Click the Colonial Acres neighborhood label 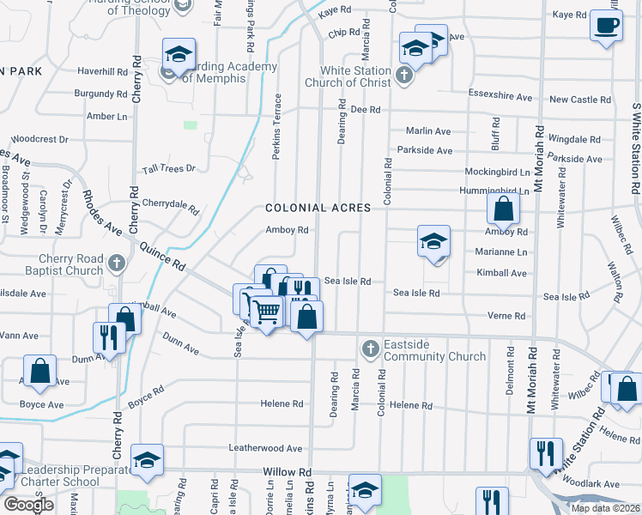point(318,208)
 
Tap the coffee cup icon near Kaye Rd point(607,24)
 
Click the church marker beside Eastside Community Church point(370,348)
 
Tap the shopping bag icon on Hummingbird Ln point(503,208)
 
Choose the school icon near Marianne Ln point(433,241)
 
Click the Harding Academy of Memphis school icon point(179,55)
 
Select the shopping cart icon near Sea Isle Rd point(266,312)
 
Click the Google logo point(28,505)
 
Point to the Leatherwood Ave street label point(265,448)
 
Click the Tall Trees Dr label point(169,169)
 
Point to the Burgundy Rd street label point(100,93)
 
